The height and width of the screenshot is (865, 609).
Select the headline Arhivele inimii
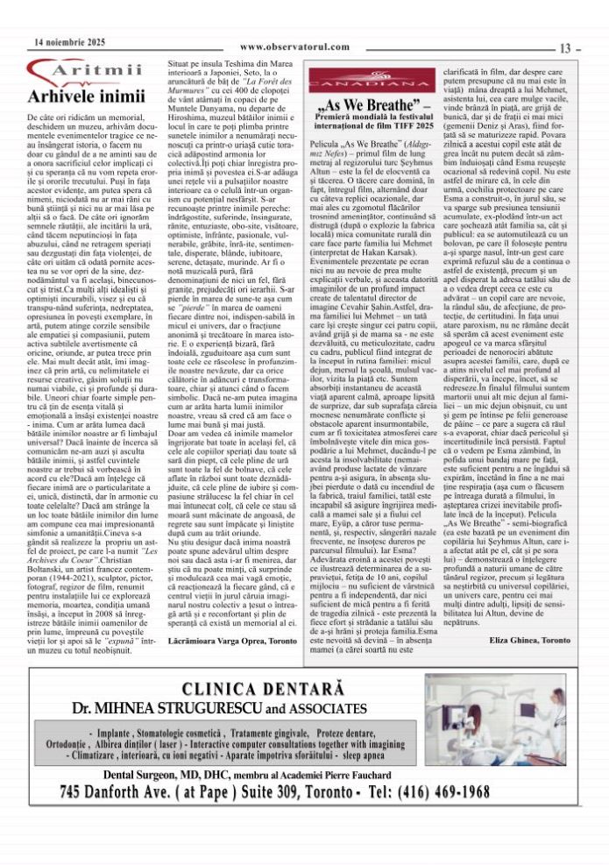tap(73, 96)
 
